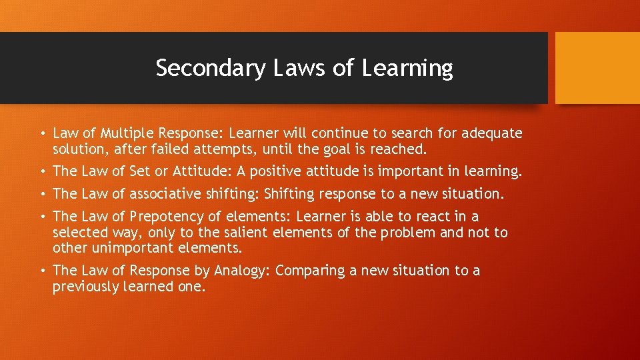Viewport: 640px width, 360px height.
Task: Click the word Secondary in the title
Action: tap(210, 68)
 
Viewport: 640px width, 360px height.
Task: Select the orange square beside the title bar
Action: tap(597, 68)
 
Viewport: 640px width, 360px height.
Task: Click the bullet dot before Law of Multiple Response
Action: tap(42, 134)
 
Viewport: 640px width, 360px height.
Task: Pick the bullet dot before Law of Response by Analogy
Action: tap(42, 271)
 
